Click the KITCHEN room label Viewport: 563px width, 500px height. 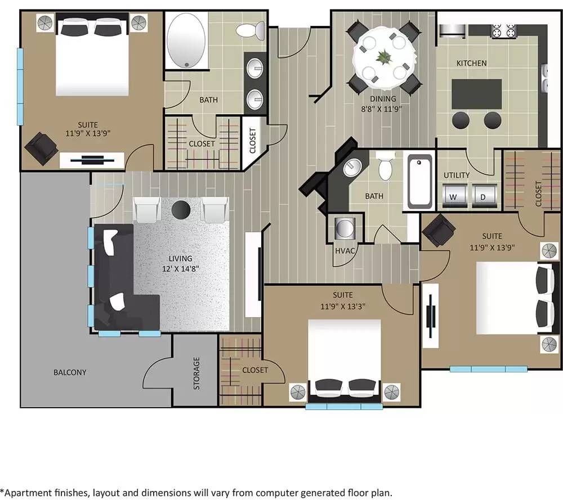(471, 63)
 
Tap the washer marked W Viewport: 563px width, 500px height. (453, 197)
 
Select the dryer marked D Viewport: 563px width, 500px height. (482, 197)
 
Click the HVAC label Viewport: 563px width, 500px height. (345, 251)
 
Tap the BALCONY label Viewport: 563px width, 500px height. (70, 372)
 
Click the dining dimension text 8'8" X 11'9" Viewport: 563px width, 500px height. (383, 109)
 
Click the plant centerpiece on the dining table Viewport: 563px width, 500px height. (384, 57)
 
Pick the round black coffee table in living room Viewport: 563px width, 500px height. (181, 209)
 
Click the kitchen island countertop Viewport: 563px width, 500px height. (477, 93)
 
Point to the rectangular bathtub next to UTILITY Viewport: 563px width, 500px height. (419, 181)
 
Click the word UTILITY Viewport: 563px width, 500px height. (456, 175)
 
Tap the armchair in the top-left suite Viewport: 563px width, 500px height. (41, 148)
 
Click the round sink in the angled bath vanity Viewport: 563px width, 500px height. (353, 166)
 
